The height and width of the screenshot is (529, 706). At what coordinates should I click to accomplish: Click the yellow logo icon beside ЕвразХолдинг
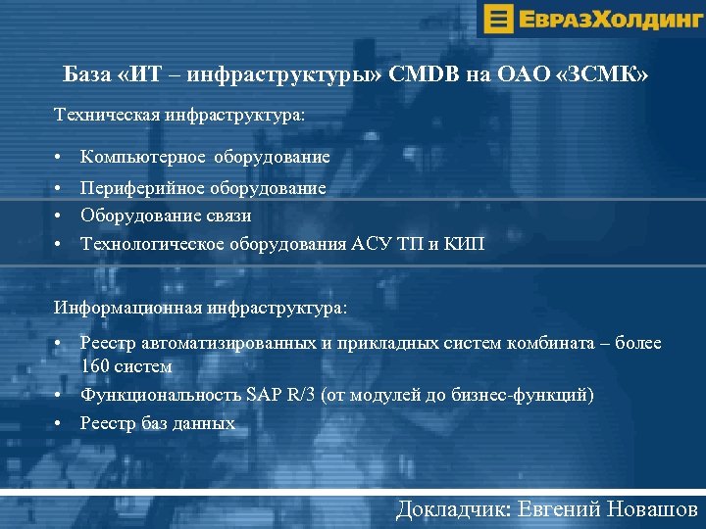499,19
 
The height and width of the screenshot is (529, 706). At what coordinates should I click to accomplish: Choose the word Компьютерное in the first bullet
143,157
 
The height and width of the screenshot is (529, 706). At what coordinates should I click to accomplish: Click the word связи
227,215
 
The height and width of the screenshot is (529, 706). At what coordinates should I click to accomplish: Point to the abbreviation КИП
464,243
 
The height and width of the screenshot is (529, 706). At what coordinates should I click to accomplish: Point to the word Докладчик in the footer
455,508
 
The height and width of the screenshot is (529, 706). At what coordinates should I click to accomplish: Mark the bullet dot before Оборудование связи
60,216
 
